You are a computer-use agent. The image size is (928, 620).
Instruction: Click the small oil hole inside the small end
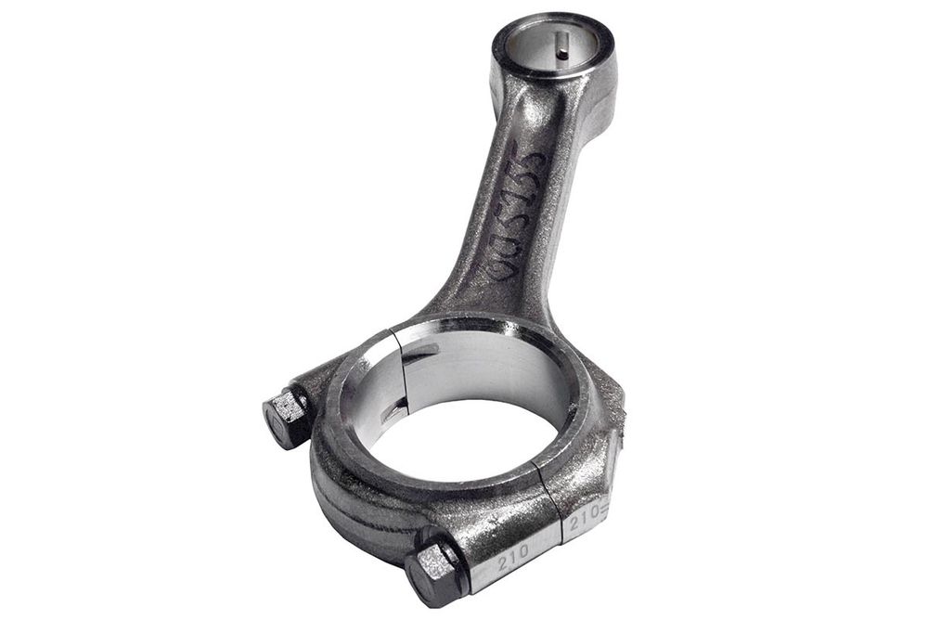tap(563, 53)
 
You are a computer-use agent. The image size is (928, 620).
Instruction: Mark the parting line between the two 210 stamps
tap(559, 520)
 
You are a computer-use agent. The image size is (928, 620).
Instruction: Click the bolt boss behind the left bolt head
tap(316, 390)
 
